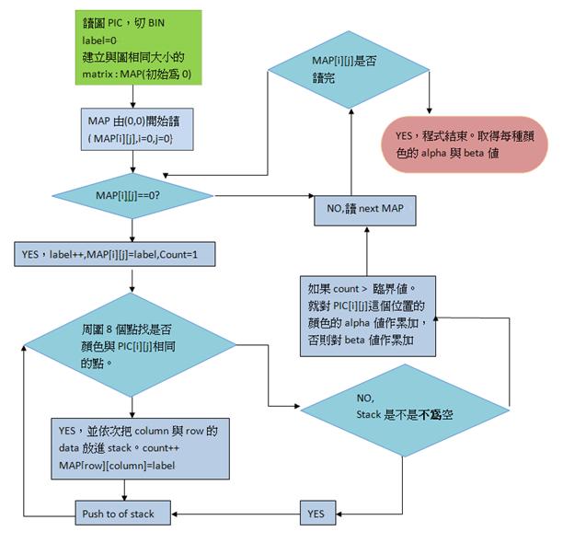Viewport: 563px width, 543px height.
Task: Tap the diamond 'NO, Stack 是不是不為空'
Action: click(405, 406)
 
